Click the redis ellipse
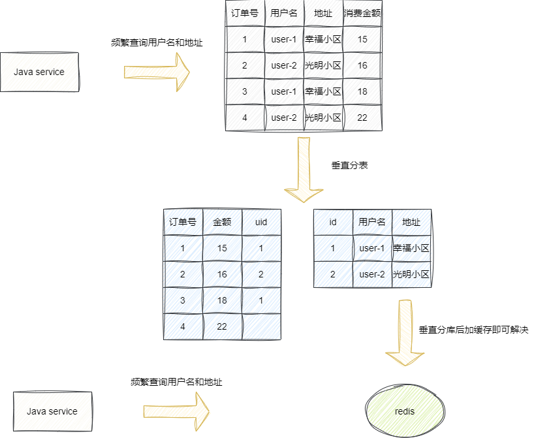click(x=405, y=411)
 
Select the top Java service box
click(x=39, y=72)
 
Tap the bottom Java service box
click(x=52, y=411)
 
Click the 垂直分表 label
click(x=350, y=165)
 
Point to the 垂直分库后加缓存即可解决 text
click(x=473, y=330)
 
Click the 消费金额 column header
click(x=362, y=13)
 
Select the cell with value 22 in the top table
click(x=362, y=117)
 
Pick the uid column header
click(x=261, y=222)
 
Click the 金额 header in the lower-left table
click(x=222, y=222)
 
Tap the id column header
click(x=333, y=222)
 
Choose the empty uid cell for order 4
click(x=261, y=326)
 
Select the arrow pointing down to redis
click(x=405, y=333)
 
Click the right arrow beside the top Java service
click(x=157, y=72)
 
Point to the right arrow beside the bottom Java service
click(x=176, y=411)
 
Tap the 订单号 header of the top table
click(x=245, y=13)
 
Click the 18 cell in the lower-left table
click(x=222, y=300)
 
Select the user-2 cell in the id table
click(x=372, y=274)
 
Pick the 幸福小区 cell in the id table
click(x=411, y=248)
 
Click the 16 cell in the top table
click(x=362, y=65)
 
